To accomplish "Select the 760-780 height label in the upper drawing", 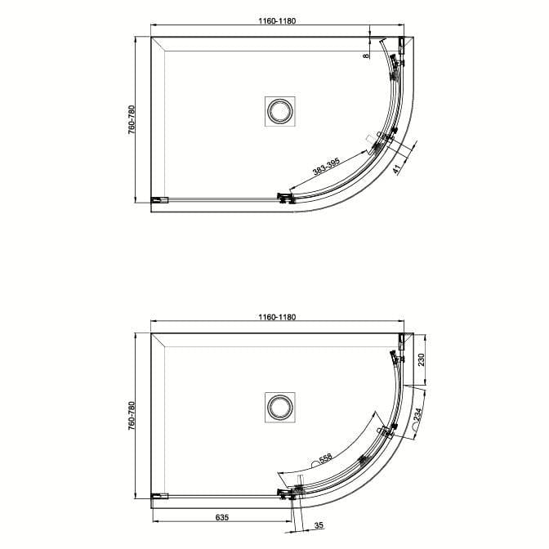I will [132, 118].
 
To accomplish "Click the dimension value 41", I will [396, 169].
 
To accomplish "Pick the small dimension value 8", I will [364, 56].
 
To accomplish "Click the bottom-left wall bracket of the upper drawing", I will [159, 199].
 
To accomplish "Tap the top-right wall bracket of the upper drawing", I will [401, 44].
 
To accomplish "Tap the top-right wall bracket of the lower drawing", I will [401, 340].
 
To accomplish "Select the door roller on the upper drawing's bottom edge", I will [285, 197].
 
